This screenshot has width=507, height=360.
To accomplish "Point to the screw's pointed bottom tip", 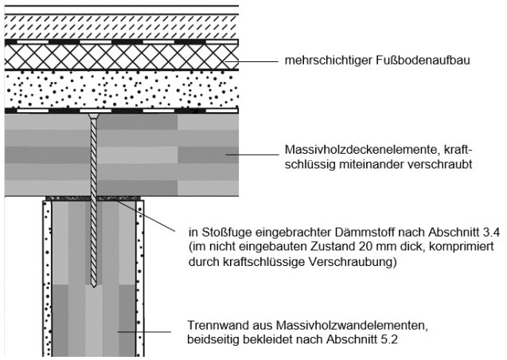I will [94, 286].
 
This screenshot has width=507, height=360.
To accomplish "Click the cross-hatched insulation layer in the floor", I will [119, 56].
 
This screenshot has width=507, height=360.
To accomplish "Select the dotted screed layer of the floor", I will [119, 89].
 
